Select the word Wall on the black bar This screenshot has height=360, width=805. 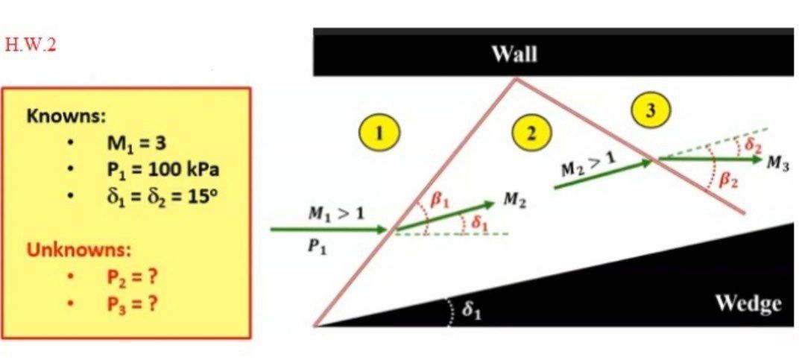(514, 54)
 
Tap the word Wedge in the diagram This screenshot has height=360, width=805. (748, 303)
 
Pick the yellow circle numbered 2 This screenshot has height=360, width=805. (530, 133)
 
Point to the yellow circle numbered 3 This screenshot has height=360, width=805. (651, 110)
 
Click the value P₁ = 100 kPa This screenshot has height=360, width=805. (164, 169)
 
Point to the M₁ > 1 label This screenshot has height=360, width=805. (336, 215)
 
